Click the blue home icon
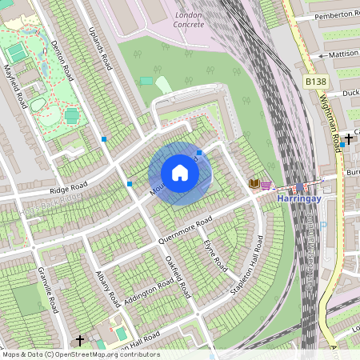pos(180,174)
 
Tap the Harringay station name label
pos(298,197)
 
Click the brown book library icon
pos(254,184)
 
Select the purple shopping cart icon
pos(266,184)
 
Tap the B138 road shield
pos(315,82)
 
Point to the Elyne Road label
pos(215,254)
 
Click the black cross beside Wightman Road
pos(349,138)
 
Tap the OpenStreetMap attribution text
pos(81,354)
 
